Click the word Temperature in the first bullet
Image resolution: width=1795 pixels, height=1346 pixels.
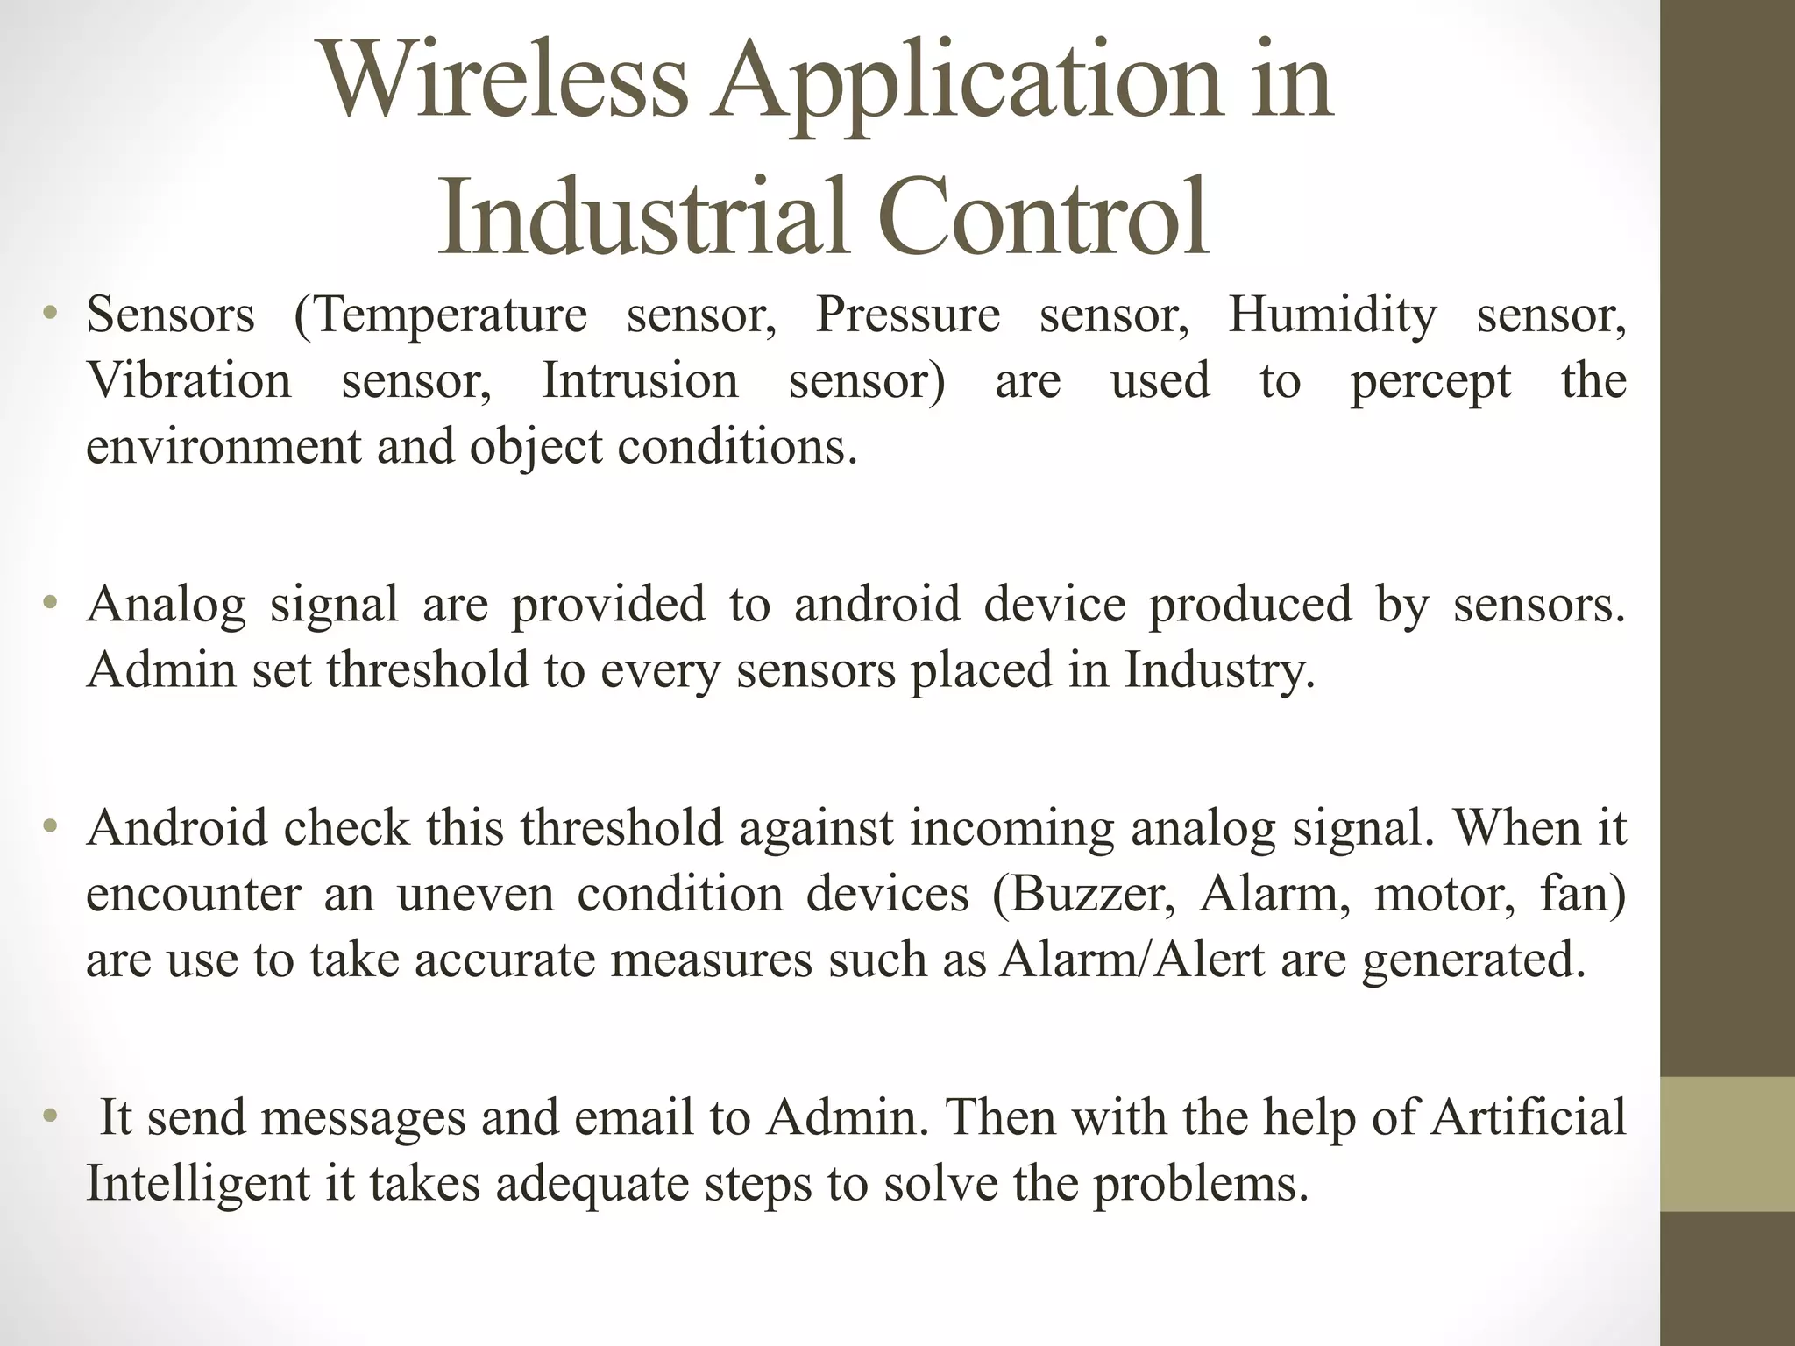point(440,315)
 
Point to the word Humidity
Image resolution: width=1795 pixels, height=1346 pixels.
point(1332,315)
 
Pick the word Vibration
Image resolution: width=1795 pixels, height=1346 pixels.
point(188,380)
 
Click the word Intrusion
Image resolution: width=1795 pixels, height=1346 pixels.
point(640,380)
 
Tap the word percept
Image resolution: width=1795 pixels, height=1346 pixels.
point(1430,382)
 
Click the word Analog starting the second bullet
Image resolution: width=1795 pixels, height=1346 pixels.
point(166,606)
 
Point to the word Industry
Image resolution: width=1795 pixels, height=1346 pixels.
point(1219,671)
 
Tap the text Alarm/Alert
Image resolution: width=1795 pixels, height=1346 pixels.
point(1132,960)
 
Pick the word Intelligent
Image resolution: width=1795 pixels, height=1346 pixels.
point(198,1184)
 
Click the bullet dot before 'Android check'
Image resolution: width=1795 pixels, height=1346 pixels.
point(51,826)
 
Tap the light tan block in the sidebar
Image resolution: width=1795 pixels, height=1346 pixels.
point(1727,1144)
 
